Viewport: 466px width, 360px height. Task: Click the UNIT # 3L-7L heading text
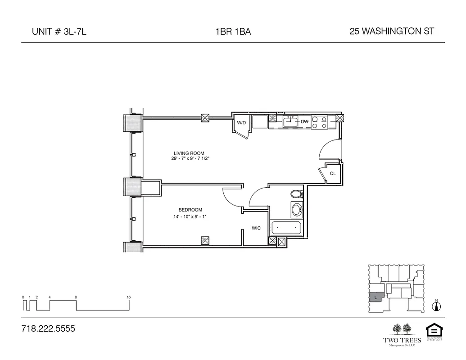pos(59,31)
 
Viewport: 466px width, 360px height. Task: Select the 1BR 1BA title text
pos(233,31)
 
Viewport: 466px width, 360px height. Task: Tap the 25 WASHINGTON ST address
pos(391,31)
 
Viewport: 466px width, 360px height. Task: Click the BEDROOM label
pos(190,210)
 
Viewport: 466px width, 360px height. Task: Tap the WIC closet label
pos(256,228)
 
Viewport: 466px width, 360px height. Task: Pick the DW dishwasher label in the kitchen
pos(304,122)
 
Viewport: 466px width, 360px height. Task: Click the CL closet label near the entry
pos(333,173)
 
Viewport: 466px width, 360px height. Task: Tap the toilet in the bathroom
pos(296,194)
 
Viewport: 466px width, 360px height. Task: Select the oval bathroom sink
pos(296,210)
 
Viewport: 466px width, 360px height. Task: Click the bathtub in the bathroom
pos(286,228)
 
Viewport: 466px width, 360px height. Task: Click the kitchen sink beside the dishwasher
pos(291,121)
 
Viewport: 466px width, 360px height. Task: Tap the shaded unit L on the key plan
pos(376,298)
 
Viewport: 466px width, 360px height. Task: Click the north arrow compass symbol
pos(436,306)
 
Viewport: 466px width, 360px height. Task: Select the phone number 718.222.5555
pos(48,329)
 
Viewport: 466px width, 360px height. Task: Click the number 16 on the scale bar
pos(129,297)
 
